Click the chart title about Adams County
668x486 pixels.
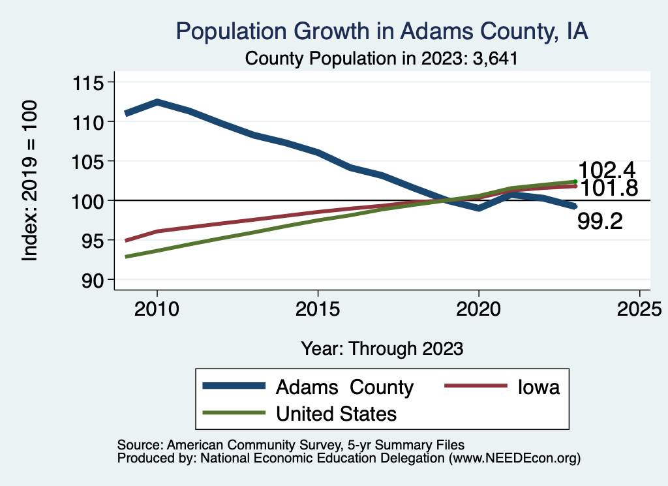tap(382, 31)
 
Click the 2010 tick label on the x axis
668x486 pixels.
tap(157, 309)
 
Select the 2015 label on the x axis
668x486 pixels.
tap(318, 309)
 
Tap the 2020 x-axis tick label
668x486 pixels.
tap(479, 309)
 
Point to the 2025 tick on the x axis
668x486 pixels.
tap(639, 309)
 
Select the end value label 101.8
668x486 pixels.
tap(607, 189)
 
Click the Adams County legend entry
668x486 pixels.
tap(344, 387)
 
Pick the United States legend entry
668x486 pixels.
tap(336, 413)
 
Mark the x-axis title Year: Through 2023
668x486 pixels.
tap(382, 348)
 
